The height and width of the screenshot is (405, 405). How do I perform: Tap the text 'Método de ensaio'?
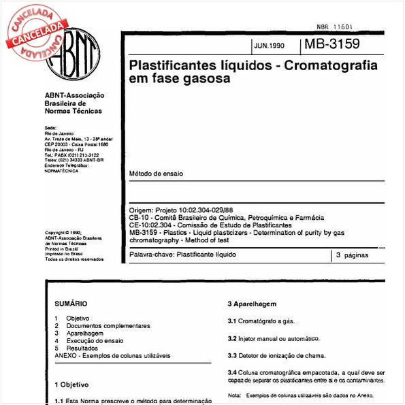point(155,174)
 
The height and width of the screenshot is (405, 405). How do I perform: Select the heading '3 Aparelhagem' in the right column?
point(252,303)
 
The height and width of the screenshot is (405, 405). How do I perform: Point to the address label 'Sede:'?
point(50,127)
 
